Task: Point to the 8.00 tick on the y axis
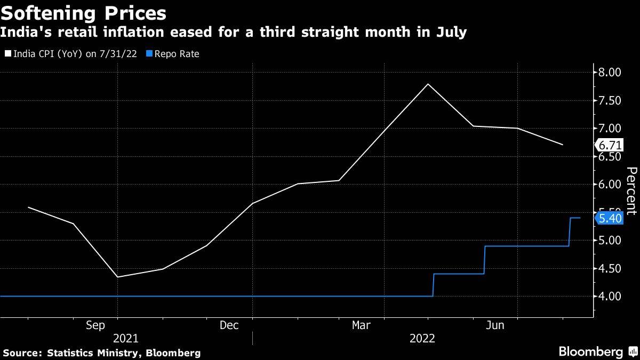click(x=610, y=73)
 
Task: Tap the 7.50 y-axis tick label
click(x=610, y=101)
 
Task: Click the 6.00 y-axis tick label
click(x=610, y=185)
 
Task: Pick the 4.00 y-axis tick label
click(x=610, y=296)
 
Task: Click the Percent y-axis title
click(x=631, y=190)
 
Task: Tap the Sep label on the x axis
click(x=95, y=325)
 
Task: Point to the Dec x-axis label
click(x=229, y=325)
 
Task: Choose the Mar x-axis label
click(x=361, y=325)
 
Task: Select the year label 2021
click(x=126, y=338)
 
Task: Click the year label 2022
click(x=422, y=338)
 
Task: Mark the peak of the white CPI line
click(x=428, y=84)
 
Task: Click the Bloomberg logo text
click(x=590, y=351)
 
